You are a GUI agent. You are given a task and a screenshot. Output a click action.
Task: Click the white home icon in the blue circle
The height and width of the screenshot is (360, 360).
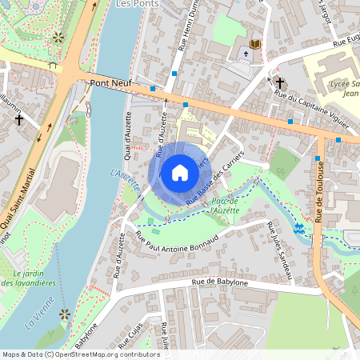pos(180,173)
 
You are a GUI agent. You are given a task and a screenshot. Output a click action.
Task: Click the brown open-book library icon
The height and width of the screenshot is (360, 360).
pos(255,44)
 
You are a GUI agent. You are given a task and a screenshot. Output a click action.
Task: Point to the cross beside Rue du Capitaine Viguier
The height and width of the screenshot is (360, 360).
pos(280,82)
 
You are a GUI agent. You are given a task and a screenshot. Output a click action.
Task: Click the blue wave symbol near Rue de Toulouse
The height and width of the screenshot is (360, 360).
pos(298,229)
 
